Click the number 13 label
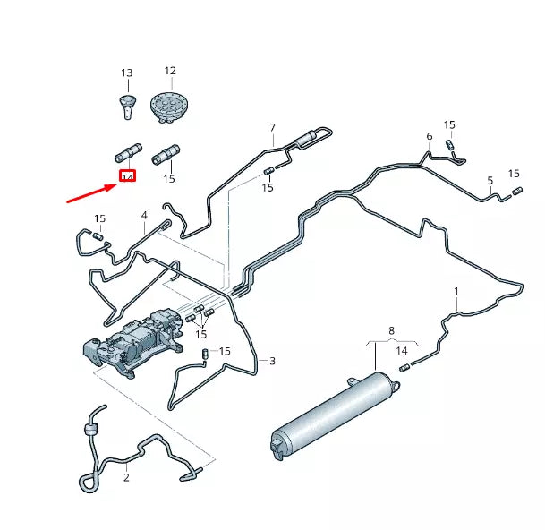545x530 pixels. tap(126, 73)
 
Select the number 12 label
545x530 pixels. tap(169, 70)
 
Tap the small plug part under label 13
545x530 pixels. tap(127, 104)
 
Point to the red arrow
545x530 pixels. tap(92, 192)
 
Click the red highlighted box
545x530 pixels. tap(127, 177)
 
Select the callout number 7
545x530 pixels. tap(273, 128)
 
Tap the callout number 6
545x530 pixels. tap(429, 136)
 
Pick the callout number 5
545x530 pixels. tap(490, 181)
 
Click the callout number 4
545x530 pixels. tap(143, 216)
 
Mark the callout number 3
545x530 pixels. tap(272, 361)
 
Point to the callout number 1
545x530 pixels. tap(456, 291)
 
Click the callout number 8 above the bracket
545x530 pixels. tap(390, 331)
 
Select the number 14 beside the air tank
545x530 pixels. tap(402, 350)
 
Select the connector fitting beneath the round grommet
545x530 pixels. tap(166, 154)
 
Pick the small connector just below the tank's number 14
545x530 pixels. tap(404, 364)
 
